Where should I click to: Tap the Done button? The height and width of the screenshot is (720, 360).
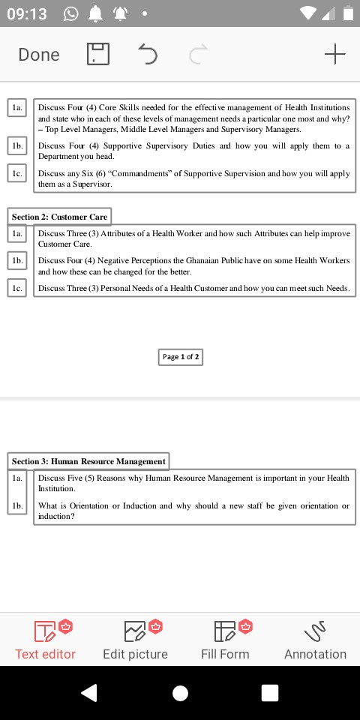[x=39, y=54]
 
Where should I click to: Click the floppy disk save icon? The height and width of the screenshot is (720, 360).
[x=98, y=54]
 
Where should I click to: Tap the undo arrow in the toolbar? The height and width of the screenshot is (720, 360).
[x=148, y=54]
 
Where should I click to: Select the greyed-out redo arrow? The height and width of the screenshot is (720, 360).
[x=197, y=54]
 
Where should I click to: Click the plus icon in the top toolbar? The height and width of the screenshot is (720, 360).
[x=334, y=54]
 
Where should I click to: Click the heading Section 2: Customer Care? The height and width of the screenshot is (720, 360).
[x=59, y=217]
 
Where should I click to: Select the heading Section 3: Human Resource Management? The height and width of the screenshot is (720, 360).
[x=88, y=460]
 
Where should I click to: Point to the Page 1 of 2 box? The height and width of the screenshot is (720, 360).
[x=181, y=357]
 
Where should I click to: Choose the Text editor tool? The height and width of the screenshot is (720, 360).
[x=46, y=640]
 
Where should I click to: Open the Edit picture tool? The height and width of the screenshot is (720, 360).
[x=135, y=640]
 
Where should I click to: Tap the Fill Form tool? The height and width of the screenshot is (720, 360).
[x=225, y=640]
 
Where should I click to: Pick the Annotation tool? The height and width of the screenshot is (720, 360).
[x=315, y=640]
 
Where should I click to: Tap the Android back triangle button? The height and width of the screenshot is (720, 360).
[x=89, y=693]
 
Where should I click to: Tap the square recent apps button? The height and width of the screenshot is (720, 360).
[x=270, y=693]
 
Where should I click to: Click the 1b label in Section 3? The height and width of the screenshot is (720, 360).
[x=17, y=506]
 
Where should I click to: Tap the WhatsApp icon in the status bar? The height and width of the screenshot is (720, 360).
[x=71, y=13]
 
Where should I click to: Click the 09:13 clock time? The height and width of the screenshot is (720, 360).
[x=26, y=13]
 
